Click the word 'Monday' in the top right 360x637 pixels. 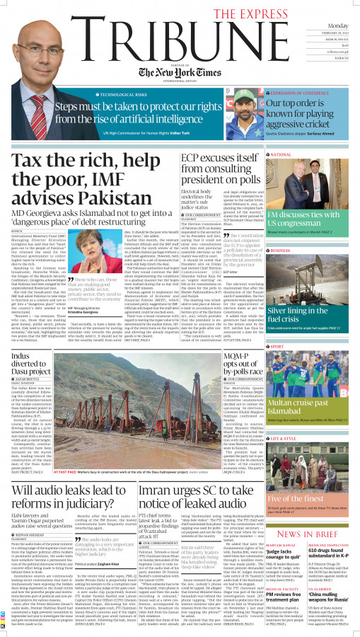click(337, 25)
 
